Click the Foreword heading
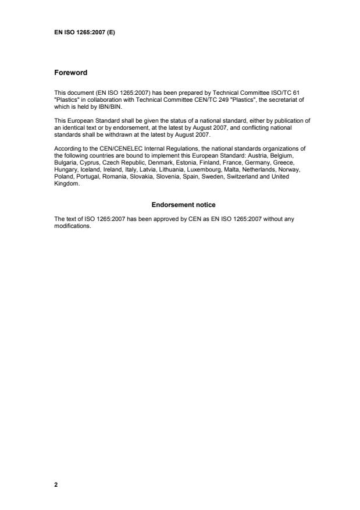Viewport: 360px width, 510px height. click(70, 73)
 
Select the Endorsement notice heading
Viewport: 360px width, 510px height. click(184, 205)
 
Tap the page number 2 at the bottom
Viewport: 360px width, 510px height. click(56, 484)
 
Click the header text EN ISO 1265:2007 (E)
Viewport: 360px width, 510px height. click(84, 32)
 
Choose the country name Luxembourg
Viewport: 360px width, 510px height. click(207, 171)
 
